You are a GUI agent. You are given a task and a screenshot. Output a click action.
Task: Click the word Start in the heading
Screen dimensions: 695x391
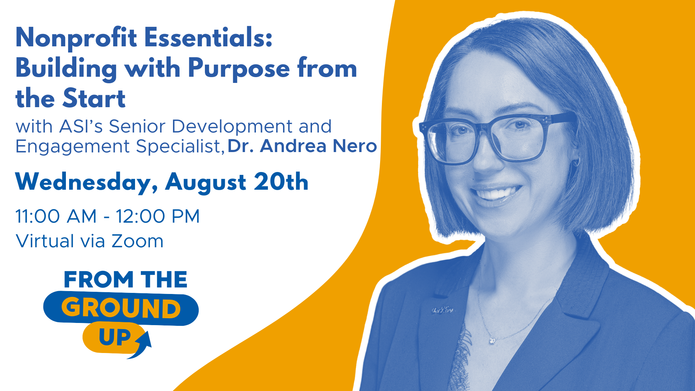point(94,98)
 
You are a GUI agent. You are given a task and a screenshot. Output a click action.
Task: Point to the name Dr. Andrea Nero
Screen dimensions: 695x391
point(302,146)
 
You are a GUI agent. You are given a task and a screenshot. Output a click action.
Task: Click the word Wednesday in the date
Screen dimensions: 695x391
point(86,182)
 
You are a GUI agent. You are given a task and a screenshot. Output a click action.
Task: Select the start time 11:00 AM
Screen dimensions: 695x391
point(56,216)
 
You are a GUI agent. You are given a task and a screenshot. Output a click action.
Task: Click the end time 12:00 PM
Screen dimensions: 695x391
point(157,216)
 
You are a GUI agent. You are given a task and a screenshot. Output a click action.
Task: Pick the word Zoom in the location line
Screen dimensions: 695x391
point(138,241)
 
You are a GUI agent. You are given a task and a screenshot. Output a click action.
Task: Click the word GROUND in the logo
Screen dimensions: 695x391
point(121,308)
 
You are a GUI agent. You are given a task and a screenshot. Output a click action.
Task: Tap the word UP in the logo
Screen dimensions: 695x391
point(115,337)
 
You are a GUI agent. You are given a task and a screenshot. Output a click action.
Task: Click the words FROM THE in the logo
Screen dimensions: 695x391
point(126,279)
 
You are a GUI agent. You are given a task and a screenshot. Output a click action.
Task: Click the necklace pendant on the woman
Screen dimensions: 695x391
point(492,340)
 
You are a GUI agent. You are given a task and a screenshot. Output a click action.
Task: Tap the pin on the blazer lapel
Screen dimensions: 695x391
point(442,310)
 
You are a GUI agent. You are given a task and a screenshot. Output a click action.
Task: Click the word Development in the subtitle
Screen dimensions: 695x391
point(232,127)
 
